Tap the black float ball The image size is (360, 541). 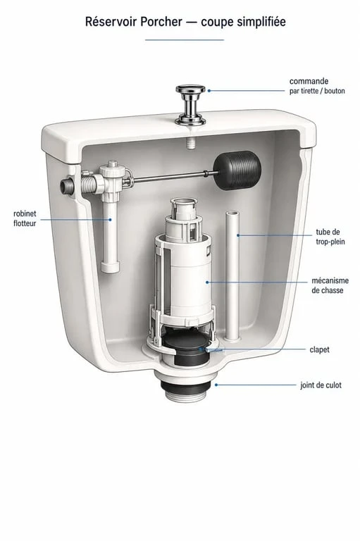click(x=237, y=170)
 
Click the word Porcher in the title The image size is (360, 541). click(x=161, y=22)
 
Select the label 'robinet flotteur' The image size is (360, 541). click(x=25, y=218)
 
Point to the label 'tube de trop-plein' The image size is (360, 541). click(x=330, y=237)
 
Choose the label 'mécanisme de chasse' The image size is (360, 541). click(x=330, y=285)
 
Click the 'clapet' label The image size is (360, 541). click(x=319, y=349)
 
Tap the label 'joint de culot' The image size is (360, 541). click(x=321, y=385)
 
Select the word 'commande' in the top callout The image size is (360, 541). click(x=309, y=82)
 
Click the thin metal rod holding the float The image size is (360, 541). click(x=173, y=176)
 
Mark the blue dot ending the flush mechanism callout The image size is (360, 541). click(x=207, y=282)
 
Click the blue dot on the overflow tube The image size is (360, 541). click(x=238, y=235)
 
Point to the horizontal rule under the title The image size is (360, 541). click(x=185, y=40)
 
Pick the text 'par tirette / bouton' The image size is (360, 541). click(x=317, y=91)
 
